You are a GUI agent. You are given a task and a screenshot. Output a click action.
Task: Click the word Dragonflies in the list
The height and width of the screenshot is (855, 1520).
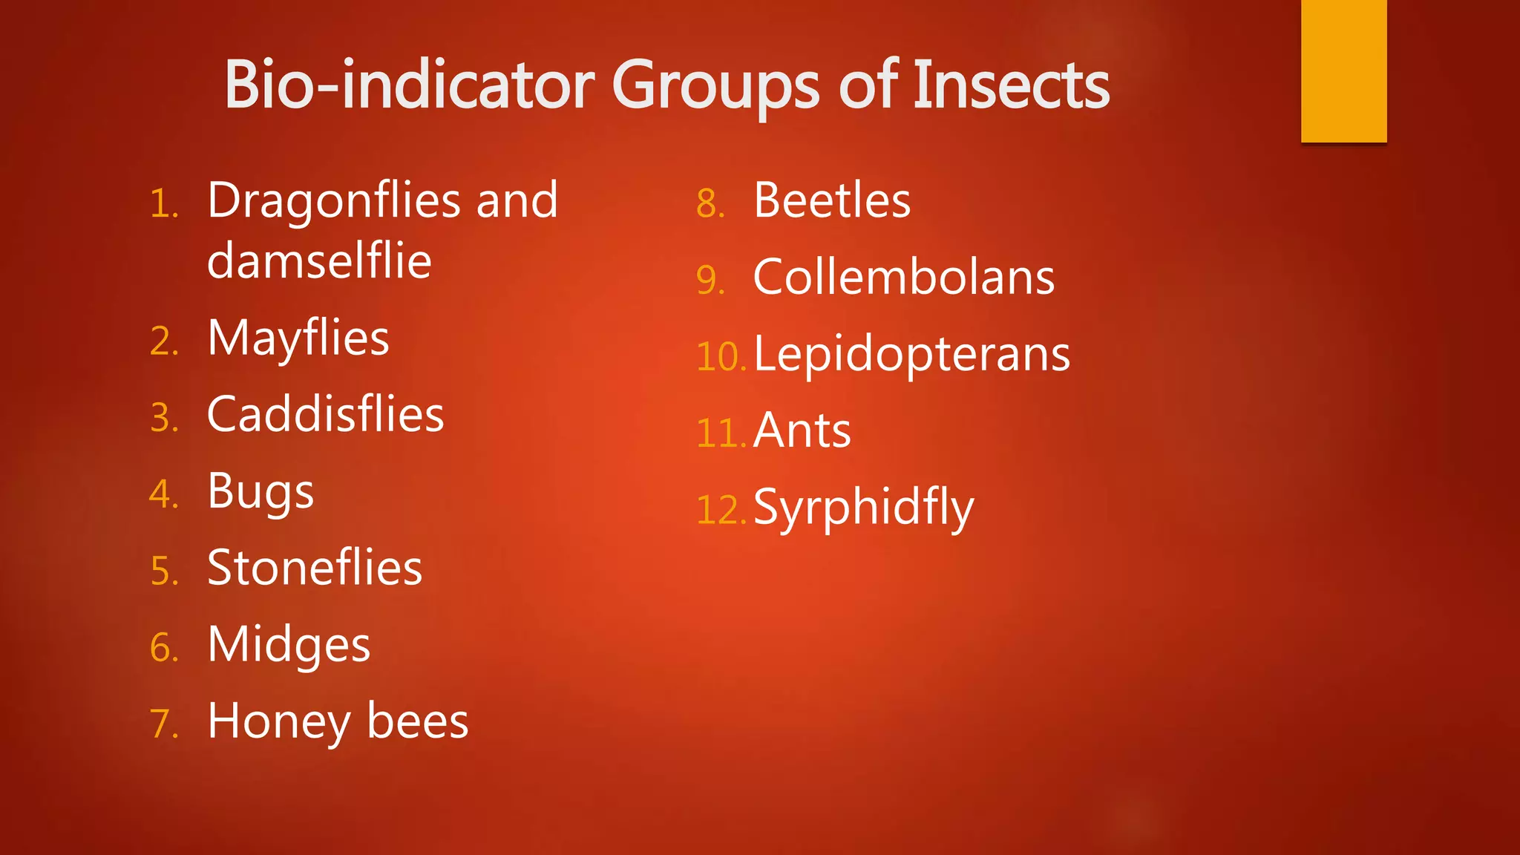pyautogui.click(x=334, y=202)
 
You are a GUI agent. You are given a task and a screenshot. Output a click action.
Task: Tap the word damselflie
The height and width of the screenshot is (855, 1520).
pyautogui.click(x=319, y=261)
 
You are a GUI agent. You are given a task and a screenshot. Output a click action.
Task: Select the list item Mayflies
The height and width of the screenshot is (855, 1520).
pyautogui.click(x=298, y=339)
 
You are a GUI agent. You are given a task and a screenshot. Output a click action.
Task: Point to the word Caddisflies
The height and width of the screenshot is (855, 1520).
pyautogui.click(x=325, y=415)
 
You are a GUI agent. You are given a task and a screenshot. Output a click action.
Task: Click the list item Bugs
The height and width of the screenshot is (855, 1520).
pyautogui.click(x=261, y=493)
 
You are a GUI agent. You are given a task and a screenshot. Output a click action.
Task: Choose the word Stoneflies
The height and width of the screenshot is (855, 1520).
pyautogui.click(x=315, y=569)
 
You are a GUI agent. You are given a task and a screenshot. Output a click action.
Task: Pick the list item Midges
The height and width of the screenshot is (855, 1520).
pyautogui.click(x=289, y=645)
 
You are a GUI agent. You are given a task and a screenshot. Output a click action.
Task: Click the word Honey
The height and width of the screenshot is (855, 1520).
pyautogui.click(x=279, y=722)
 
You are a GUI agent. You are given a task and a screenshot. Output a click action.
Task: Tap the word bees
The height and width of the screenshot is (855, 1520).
pyautogui.click(x=418, y=721)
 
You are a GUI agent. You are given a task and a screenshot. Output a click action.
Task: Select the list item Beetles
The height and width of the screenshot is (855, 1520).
pyautogui.click(x=832, y=201)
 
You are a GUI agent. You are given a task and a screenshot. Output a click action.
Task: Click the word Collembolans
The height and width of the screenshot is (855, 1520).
pyautogui.click(x=904, y=278)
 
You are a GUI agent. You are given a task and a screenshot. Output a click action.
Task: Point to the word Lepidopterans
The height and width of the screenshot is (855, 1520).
pyautogui.click(x=912, y=356)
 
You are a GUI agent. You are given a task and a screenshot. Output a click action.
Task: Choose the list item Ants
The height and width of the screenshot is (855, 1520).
pyautogui.click(x=802, y=431)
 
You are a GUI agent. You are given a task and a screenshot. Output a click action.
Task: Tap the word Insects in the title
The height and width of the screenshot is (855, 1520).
pyautogui.click(x=1011, y=86)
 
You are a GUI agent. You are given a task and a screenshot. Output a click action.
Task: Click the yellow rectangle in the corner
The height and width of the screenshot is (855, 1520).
pyautogui.click(x=1343, y=71)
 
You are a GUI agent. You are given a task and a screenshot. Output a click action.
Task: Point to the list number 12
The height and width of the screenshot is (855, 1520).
pyautogui.click(x=719, y=511)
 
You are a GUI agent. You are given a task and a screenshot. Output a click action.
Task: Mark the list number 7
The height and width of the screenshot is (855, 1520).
pyautogui.click(x=163, y=724)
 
